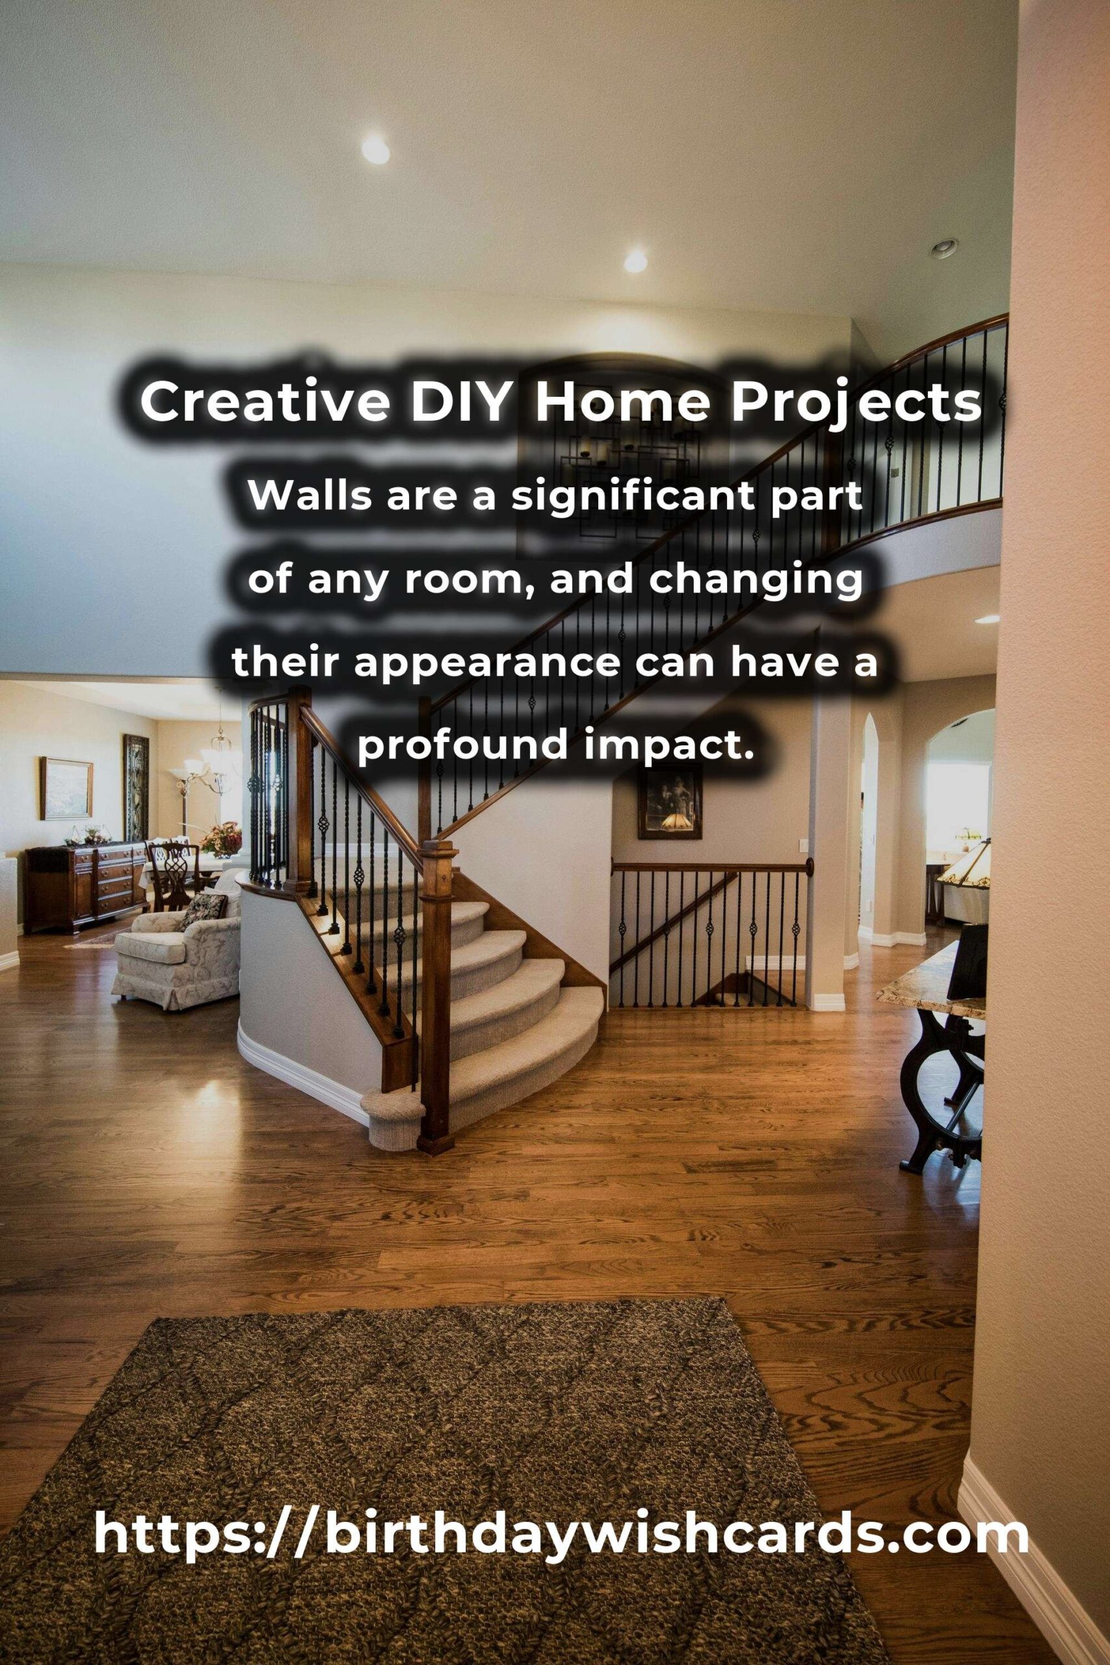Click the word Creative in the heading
(x=265, y=402)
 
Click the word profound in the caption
(x=464, y=746)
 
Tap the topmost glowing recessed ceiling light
(x=376, y=150)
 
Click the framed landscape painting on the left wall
(x=66, y=788)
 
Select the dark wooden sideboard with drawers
(x=86, y=886)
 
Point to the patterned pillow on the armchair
(x=204, y=908)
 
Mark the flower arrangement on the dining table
(x=220, y=838)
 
